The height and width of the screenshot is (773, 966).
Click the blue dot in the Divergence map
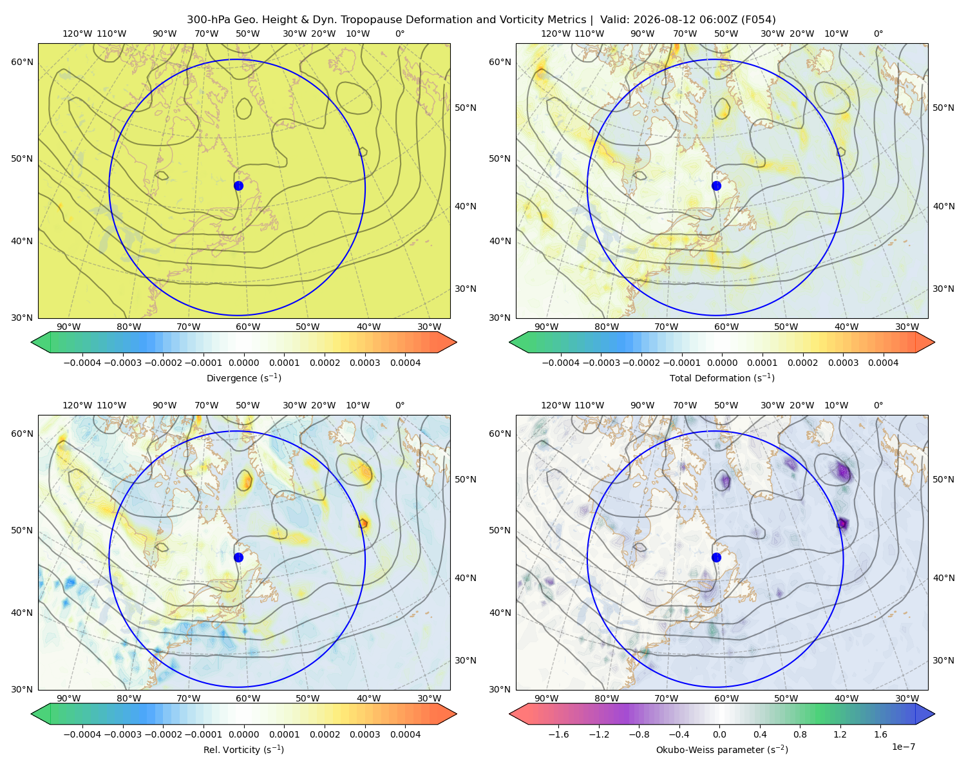point(238,186)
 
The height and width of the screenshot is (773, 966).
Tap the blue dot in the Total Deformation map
point(716,186)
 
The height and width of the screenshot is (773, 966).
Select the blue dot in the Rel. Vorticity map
point(238,557)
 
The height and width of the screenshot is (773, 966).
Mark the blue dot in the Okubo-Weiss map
point(716,557)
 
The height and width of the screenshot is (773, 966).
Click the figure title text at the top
point(481,20)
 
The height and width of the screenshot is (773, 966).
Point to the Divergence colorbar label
point(243,378)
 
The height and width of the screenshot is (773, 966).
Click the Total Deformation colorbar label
point(722,378)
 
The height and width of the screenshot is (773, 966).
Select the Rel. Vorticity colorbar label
point(243,750)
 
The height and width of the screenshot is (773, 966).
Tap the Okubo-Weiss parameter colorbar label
point(722,750)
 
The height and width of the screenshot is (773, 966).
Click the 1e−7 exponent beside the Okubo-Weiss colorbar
point(903,747)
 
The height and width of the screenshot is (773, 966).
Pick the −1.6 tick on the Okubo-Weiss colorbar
point(559,734)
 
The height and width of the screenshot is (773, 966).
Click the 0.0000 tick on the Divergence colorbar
point(243,363)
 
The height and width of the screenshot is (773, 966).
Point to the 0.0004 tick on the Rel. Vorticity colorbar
point(405,734)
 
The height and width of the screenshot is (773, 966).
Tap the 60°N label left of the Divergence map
point(22,62)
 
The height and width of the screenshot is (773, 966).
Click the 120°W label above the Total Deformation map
point(555,33)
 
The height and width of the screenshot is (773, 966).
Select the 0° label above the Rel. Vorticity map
point(400,405)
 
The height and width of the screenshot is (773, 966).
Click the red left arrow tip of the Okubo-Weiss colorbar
point(510,714)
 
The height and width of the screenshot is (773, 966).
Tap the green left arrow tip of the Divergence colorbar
point(32,343)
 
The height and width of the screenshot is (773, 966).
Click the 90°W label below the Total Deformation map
point(546,327)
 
